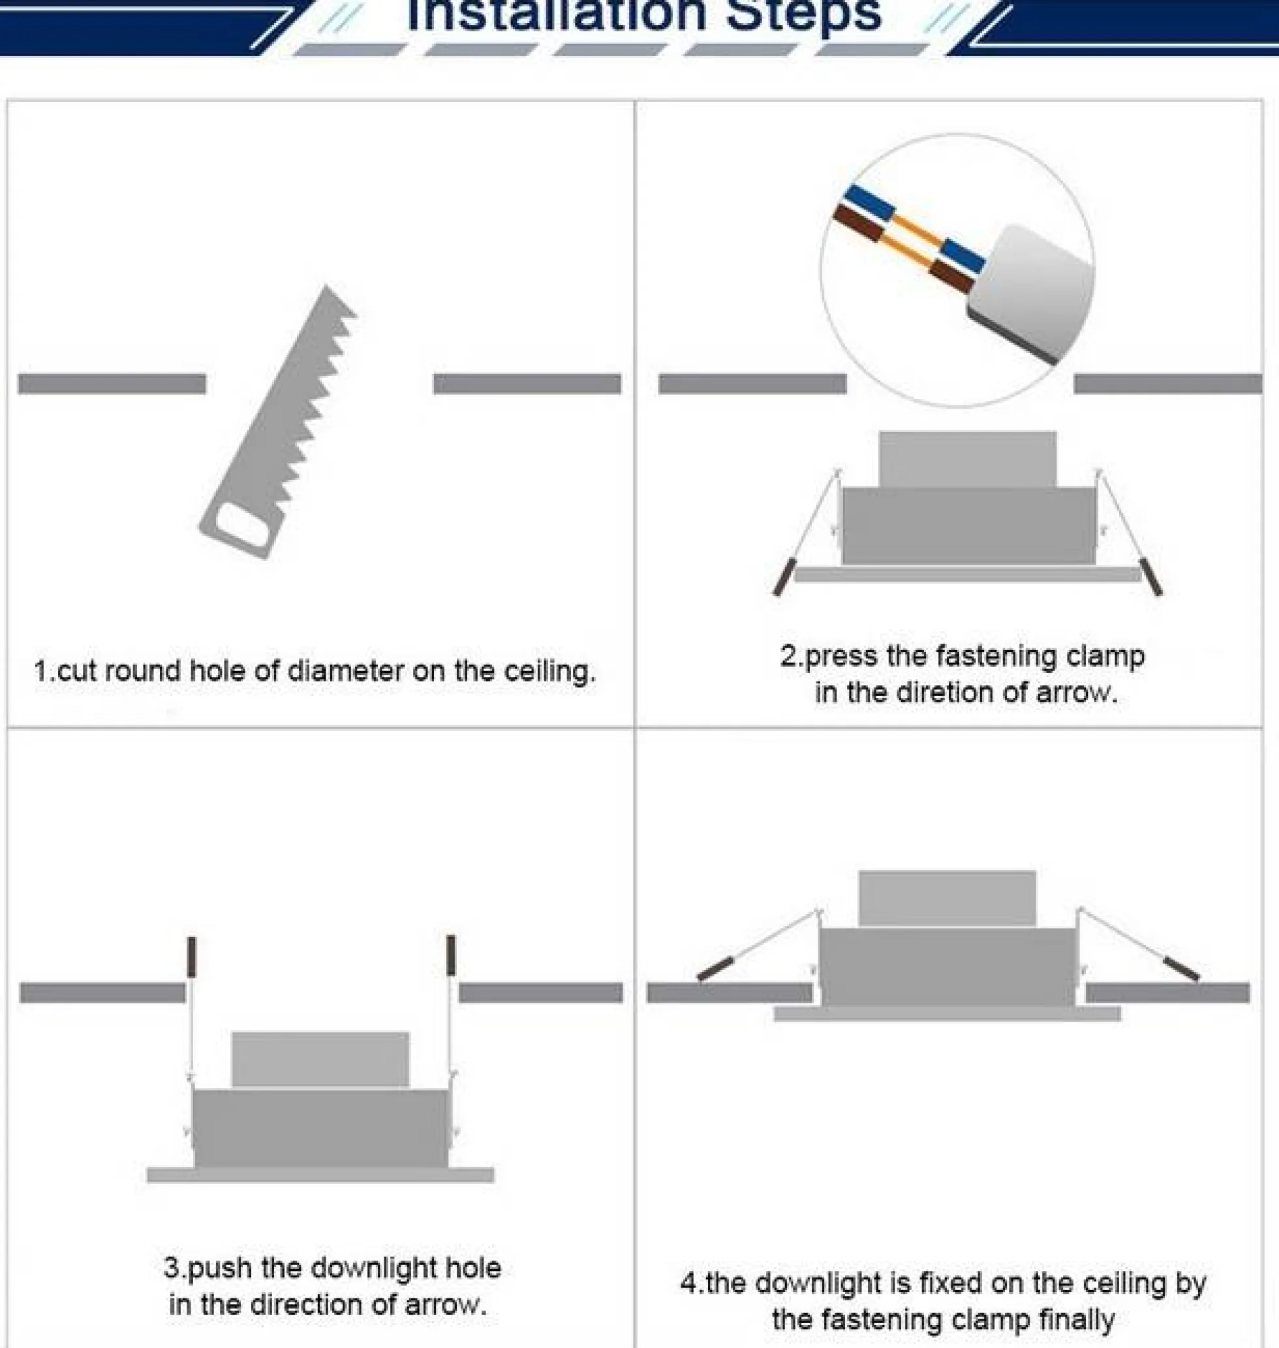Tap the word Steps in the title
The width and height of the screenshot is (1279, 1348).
pos(804,15)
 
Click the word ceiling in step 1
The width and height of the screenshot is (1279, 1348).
pos(549,672)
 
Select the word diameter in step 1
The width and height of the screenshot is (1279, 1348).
pos(346,672)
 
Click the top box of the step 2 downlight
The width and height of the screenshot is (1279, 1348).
pos(968,459)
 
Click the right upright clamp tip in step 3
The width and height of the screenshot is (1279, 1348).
pos(451,954)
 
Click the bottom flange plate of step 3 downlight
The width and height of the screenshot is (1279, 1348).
pos(320,1175)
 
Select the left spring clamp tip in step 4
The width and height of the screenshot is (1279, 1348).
pos(715,969)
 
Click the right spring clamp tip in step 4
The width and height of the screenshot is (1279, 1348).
pos(1181,969)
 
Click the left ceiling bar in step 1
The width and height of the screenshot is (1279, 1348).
pos(112,384)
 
